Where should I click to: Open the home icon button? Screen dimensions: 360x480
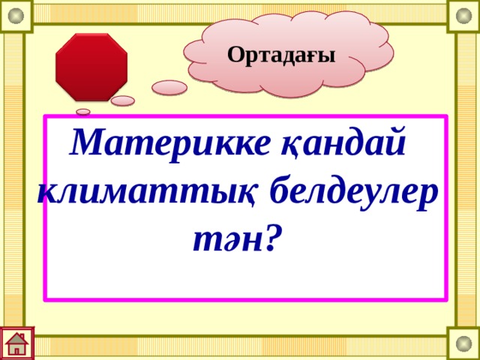[x=16, y=343]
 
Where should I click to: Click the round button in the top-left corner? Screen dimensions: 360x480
[x=16, y=16]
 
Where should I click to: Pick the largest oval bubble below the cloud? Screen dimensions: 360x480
[x=170, y=88]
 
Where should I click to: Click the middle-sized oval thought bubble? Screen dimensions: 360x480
[x=123, y=100]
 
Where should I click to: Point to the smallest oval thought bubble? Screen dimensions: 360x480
[x=83, y=112]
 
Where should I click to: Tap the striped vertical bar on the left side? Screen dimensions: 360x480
[x=13, y=180]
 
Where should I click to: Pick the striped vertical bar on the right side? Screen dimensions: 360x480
[x=466, y=180]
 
